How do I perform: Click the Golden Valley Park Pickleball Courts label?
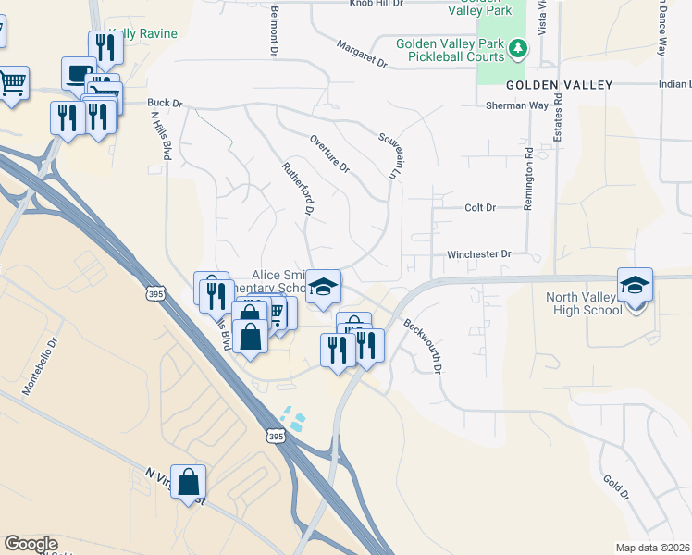click(x=451, y=50)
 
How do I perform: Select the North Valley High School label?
click(x=585, y=303)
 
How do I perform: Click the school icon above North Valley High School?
click(x=636, y=285)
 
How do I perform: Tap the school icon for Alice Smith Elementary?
click(x=324, y=287)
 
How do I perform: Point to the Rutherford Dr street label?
click(x=298, y=186)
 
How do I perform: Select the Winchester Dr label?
click(x=479, y=253)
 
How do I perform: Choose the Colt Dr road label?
click(x=479, y=207)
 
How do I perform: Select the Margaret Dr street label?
click(x=362, y=54)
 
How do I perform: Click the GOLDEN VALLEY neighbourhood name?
click(x=560, y=85)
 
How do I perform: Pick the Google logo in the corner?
click(x=31, y=544)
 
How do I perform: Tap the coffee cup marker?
click(x=79, y=73)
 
